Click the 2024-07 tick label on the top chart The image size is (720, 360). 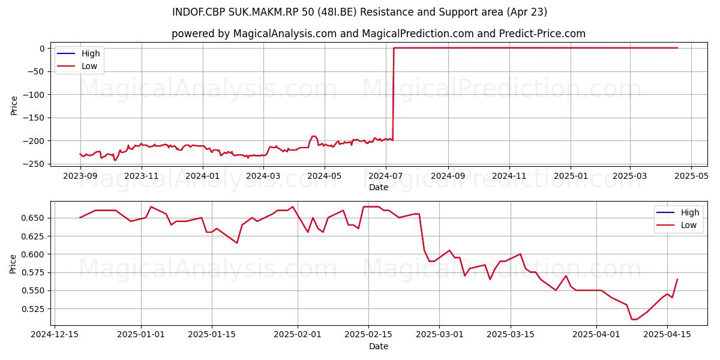(385, 176)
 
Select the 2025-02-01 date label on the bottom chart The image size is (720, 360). (298, 335)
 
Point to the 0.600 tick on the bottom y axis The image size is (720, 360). (32, 254)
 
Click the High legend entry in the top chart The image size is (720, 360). (78, 53)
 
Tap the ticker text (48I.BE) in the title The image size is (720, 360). (337, 12)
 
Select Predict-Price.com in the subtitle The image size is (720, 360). (542, 34)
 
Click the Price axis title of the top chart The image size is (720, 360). (14, 106)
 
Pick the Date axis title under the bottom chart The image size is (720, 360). (379, 346)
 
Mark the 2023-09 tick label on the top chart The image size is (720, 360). (80, 176)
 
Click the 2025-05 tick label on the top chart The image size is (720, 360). (691, 176)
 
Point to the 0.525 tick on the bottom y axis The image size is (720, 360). (32, 309)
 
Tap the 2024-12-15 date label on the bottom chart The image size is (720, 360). (55, 335)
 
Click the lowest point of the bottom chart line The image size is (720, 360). (634, 319)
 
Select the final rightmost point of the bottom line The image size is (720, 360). (677, 279)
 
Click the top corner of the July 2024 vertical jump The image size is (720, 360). (394, 48)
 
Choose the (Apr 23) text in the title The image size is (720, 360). (527, 12)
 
